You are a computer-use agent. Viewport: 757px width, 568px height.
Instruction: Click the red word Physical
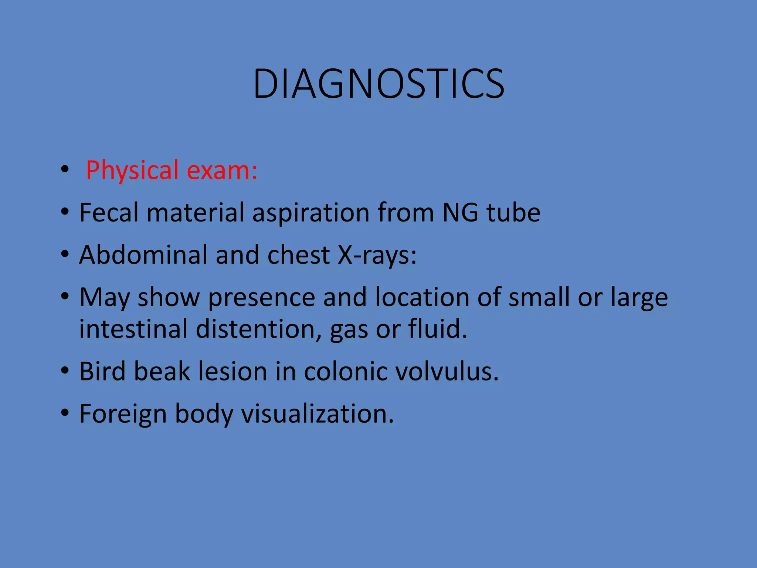[x=132, y=171]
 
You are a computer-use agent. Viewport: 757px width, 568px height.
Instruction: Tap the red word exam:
[x=222, y=171]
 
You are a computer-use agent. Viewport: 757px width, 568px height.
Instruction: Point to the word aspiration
[x=310, y=214]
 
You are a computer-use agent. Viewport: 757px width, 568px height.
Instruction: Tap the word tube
[x=513, y=213]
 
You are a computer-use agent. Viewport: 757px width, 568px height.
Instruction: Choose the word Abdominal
[x=143, y=255]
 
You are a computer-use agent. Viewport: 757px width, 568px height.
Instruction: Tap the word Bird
[x=102, y=371]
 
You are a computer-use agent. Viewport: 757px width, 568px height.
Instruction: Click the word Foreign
[x=123, y=414]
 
